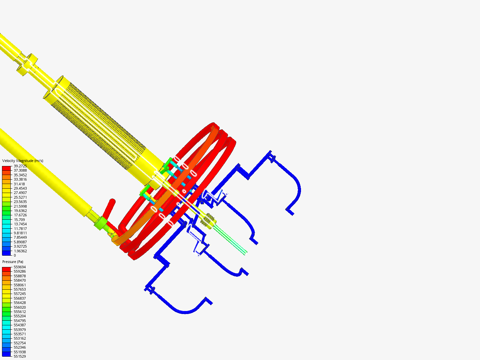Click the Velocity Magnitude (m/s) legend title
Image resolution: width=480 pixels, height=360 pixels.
(23, 161)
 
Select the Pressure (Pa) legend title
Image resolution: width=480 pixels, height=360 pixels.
(13, 262)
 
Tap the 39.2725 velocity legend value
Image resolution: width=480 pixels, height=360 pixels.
(20, 166)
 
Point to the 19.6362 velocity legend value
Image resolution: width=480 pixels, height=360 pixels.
(20, 211)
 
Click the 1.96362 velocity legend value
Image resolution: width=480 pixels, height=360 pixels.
(20, 251)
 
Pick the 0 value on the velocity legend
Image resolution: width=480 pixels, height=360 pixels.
(15, 255)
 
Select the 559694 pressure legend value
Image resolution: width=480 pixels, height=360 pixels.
(20, 267)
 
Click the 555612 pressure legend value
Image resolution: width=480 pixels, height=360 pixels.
(20, 312)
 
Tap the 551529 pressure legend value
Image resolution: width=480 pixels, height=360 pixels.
(20, 356)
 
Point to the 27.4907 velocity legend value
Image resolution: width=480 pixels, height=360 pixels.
(20, 193)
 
